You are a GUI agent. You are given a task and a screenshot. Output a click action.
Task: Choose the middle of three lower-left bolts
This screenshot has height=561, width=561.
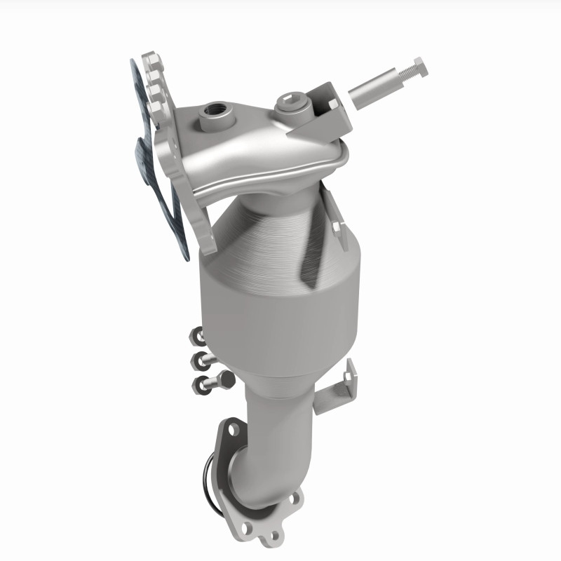[x=202, y=361]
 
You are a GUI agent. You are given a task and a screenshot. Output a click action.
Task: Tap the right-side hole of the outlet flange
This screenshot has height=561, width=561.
[x=293, y=499]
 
